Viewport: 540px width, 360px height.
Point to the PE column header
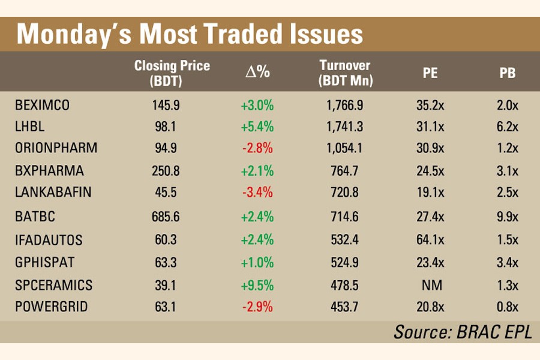(x=430, y=74)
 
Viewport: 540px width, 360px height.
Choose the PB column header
(x=508, y=74)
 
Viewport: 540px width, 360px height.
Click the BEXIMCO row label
(x=42, y=105)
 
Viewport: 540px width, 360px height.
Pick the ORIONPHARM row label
(x=56, y=148)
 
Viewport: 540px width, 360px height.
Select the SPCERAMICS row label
(x=54, y=285)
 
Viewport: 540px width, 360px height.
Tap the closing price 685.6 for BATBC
(x=166, y=216)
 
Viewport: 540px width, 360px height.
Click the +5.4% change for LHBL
(x=257, y=127)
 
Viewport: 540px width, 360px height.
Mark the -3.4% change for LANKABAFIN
(x=257, y=193)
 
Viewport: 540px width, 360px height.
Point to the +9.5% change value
(x=257, y=285)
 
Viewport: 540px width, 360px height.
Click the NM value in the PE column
(x=430, y=285)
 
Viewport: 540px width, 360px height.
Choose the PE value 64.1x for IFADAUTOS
(x=430, y=240)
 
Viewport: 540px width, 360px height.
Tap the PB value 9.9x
(x=508, y=216)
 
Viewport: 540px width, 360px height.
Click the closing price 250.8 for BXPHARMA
(x=166, y=172)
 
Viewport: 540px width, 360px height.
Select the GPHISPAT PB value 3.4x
(x=508, y=262)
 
